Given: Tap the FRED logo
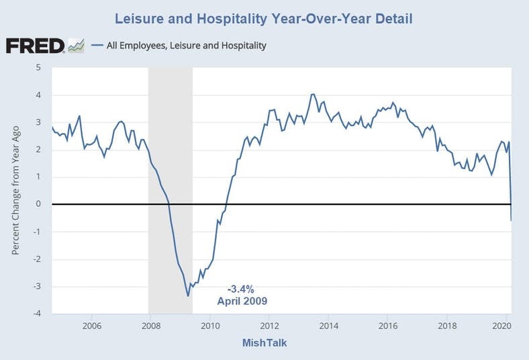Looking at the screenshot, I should tap(35, 46).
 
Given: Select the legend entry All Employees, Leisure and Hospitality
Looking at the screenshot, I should tap(186, 46).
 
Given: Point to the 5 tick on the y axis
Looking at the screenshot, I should tap(38, 67).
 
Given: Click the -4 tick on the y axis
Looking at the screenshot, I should tap(37, 314).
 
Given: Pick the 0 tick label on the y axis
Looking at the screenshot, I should tap(38, 204).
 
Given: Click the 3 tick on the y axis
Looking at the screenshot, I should tap(38, 122).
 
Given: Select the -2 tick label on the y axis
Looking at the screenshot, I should tap(37, 259).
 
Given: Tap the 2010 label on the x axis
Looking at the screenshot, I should tap(210, 326).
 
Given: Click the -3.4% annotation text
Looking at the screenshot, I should tap(240, 289).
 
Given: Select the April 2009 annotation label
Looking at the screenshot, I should tap(242, 301).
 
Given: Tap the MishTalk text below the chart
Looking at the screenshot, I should tap(264, 343).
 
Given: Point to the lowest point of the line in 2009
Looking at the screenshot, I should tap(188, 296).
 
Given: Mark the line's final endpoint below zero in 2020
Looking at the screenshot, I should tap(512, 220).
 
